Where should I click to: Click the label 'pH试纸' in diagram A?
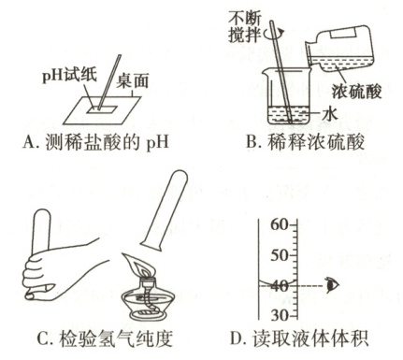70,76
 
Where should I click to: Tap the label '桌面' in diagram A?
133,81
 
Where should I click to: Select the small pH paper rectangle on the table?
101,108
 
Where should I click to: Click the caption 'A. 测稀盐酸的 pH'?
95,142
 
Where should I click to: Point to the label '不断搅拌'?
244,27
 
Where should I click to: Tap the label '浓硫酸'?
356,92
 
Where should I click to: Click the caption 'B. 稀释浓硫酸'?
305,142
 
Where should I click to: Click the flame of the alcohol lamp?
138,266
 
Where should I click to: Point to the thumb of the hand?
38,293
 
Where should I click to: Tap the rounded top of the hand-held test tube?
42,215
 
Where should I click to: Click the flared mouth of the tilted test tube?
151,245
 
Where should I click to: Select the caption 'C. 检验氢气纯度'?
105,338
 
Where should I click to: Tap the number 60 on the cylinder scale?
280,224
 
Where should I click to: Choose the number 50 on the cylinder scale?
280,255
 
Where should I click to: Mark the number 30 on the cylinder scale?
280,316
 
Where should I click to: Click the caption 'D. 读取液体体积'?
299,338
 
